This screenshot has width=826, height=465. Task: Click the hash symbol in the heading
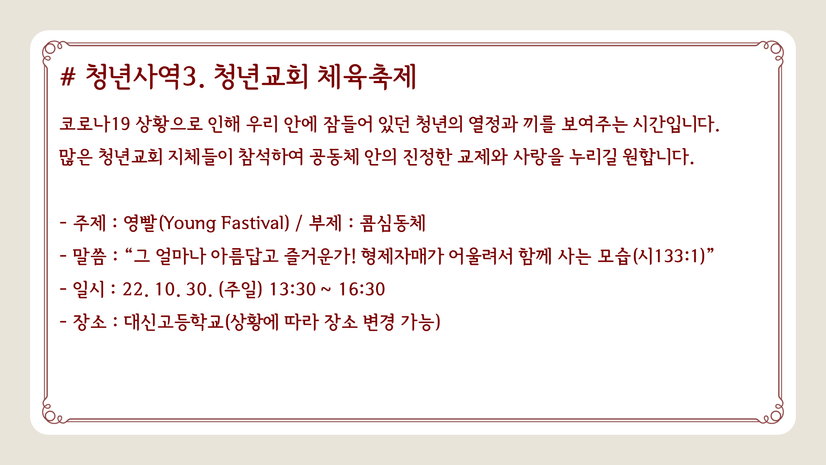(x=68, y=77)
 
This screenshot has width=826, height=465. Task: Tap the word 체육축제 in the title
(x=367, y=77)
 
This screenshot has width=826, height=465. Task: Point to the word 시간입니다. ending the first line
(x=676, y=124)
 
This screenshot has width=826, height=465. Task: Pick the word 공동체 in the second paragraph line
(x=334, y=157)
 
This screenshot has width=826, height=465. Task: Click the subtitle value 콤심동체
(x=392, y=223)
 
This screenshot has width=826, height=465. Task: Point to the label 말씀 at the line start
(x=89, y=256)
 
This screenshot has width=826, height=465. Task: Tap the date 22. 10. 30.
(x=167, y=289)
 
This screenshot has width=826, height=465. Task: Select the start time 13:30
(x=292, y=289)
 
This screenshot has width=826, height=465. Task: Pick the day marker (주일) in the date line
(x=240, y=289)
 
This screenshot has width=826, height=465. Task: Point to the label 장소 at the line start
(x=89, y=322)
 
